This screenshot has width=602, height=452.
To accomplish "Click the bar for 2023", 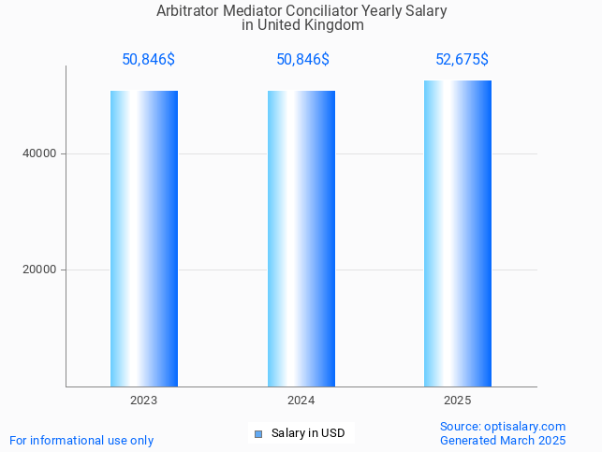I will pyautogui.click(x=144, y=239).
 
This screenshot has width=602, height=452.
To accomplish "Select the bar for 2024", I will pyautogui.click(x=301, y=239).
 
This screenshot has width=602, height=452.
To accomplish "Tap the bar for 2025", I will pyautogui.click(x=458, y=234).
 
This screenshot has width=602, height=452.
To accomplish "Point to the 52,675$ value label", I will pyautogui.click(x=462, y=60).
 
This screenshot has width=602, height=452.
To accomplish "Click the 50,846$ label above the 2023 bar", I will pyautogui.click(x=148, y=60).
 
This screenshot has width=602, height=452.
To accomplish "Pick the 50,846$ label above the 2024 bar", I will pyautogui.click(x=302, y=60).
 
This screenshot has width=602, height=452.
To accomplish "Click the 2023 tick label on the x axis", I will pyautogui.click(x=144, y=401).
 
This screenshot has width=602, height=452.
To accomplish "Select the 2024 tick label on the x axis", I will pyautogui.click(x=301, y=401).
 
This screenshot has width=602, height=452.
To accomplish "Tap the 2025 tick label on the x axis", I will pyautogui.click(x=458, y=401).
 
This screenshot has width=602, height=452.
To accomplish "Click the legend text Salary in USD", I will pyautogui.click(x=308, y=433).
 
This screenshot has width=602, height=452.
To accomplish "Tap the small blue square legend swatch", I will pyautogui.click(x=258, y=433).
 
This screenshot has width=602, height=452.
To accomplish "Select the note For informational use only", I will pyautogui.click(x=81, y=440).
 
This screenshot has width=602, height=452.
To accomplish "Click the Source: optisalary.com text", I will pyautogui.click(x=503, y=427).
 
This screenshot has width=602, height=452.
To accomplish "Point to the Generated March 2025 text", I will pyautogui.click(x=503, y=441).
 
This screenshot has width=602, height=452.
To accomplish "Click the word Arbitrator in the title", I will pyautogui.click(x=188, y=11).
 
